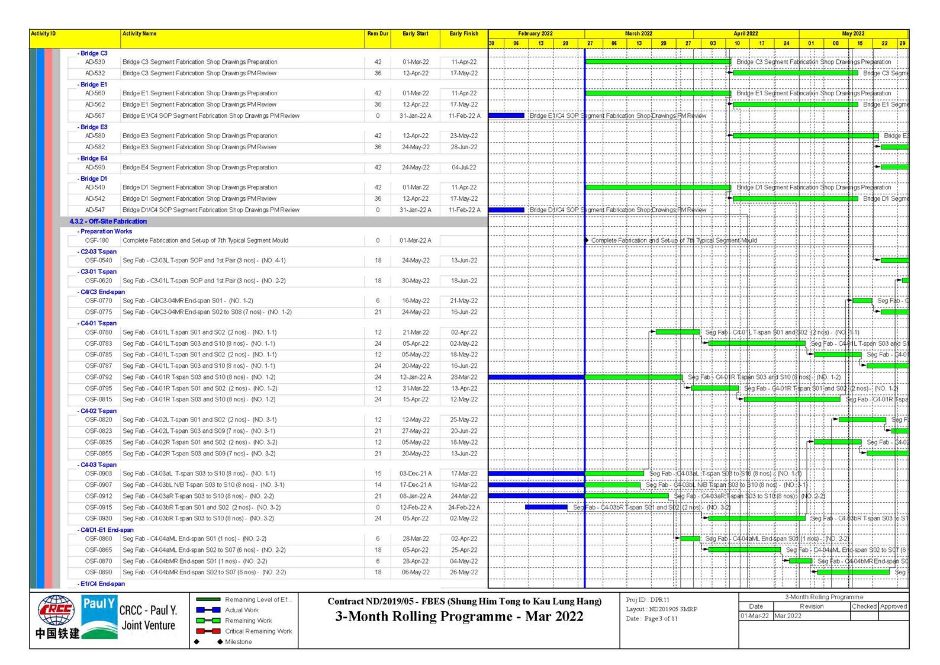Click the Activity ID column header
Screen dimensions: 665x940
click(43, 34)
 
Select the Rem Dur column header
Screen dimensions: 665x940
click(378, 34)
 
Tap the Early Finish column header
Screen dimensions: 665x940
click(463, 34)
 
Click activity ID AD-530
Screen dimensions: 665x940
click(95, 62)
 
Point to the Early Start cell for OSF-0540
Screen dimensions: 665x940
click(416, 261)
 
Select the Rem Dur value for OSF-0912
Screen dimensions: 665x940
click(378, 496)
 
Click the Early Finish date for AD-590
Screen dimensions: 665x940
click(464, 168)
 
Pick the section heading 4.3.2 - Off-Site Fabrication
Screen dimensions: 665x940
click(108, 221)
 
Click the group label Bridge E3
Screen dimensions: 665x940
click(94, 127)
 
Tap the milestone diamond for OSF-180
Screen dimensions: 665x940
click(586, 240)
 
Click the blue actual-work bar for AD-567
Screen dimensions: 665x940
click(506, 116)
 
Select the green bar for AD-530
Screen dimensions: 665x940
click(658, 62)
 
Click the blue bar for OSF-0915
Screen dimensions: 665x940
click(546, 507)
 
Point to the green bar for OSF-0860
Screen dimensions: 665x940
click(690, 539)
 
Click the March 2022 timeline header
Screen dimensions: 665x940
click(639, 34)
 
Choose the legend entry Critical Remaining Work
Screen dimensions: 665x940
click(258, 631)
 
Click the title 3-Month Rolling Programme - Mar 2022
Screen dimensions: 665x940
click(459, 616)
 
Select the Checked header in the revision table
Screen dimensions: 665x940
click(864, 606)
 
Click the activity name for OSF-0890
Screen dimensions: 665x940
click(204, 573)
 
